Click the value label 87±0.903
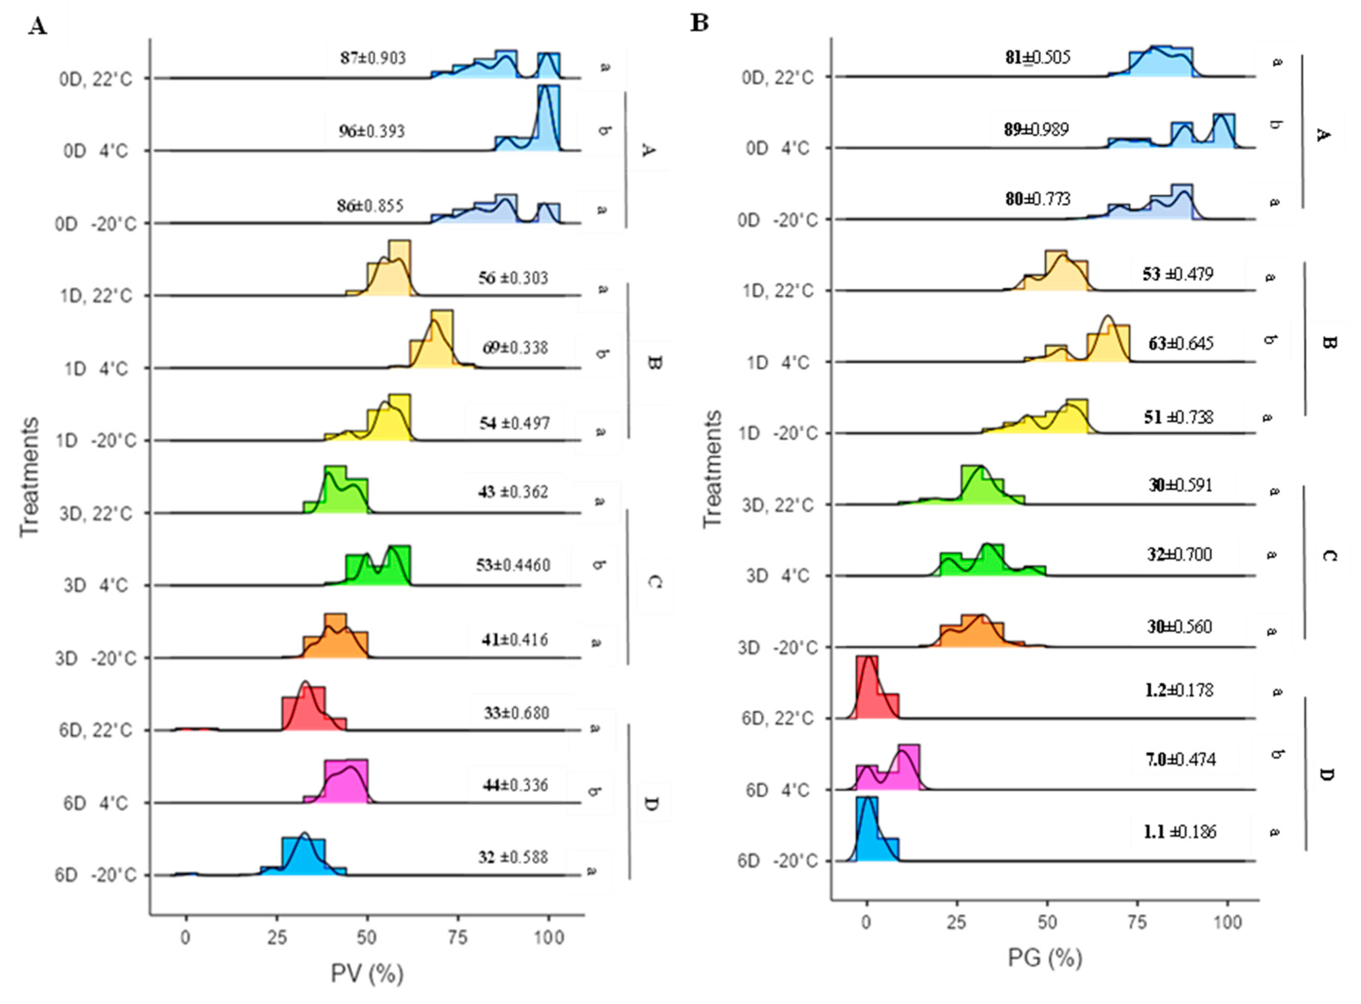point(373,58)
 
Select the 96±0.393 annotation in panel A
point(372,131)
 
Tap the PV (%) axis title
point(367,974)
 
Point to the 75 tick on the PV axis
point(458,938)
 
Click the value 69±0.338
point(515,348)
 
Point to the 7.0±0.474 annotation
point(1181,760)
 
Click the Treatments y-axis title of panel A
point(29,477)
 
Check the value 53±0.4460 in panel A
point(513,565)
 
